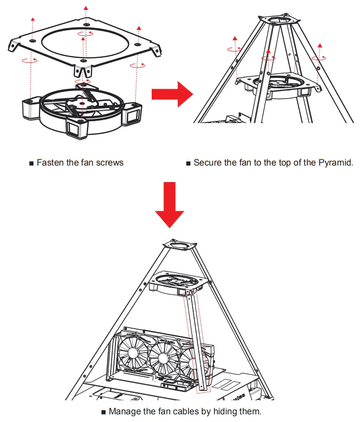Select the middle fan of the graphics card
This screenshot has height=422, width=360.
(x=164, y=357)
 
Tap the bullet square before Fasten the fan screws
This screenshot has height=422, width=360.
(x=32, y=163)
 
